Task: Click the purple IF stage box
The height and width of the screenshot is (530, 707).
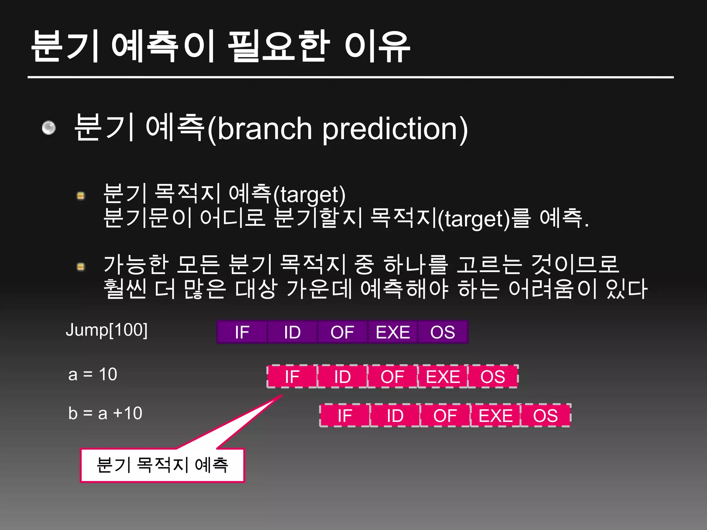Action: click(242, 332)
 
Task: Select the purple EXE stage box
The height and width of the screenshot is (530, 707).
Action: click(393, 332)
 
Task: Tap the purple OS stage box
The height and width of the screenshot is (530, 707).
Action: click(443, 332)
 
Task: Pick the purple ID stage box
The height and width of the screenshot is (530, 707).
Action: click(292, 332)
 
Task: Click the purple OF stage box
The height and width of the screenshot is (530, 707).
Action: click(342, 332)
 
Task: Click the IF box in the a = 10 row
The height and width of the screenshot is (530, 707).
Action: click(292, 376)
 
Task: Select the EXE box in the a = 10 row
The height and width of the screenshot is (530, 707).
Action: click(443, 376)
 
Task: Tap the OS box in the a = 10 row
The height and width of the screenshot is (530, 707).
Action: click(493, 376)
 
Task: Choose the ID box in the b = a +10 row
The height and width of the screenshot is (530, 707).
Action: click(395, 415)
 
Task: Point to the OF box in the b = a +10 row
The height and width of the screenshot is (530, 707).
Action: click(445, 415)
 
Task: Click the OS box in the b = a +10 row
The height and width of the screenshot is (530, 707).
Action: click(545, 415)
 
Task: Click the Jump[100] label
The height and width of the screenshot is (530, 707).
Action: click(107, 330)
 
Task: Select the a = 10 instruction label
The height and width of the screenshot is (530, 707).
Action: click(93, 374)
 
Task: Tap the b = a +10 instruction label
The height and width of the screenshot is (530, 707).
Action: click(105, 413)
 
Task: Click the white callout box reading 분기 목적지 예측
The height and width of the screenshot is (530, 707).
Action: click(162, 465)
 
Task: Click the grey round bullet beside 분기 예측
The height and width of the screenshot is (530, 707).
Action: click(49, 128)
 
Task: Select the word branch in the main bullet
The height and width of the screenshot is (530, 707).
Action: click(265, 129)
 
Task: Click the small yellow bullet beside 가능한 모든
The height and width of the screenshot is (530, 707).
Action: click(81, 267)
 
